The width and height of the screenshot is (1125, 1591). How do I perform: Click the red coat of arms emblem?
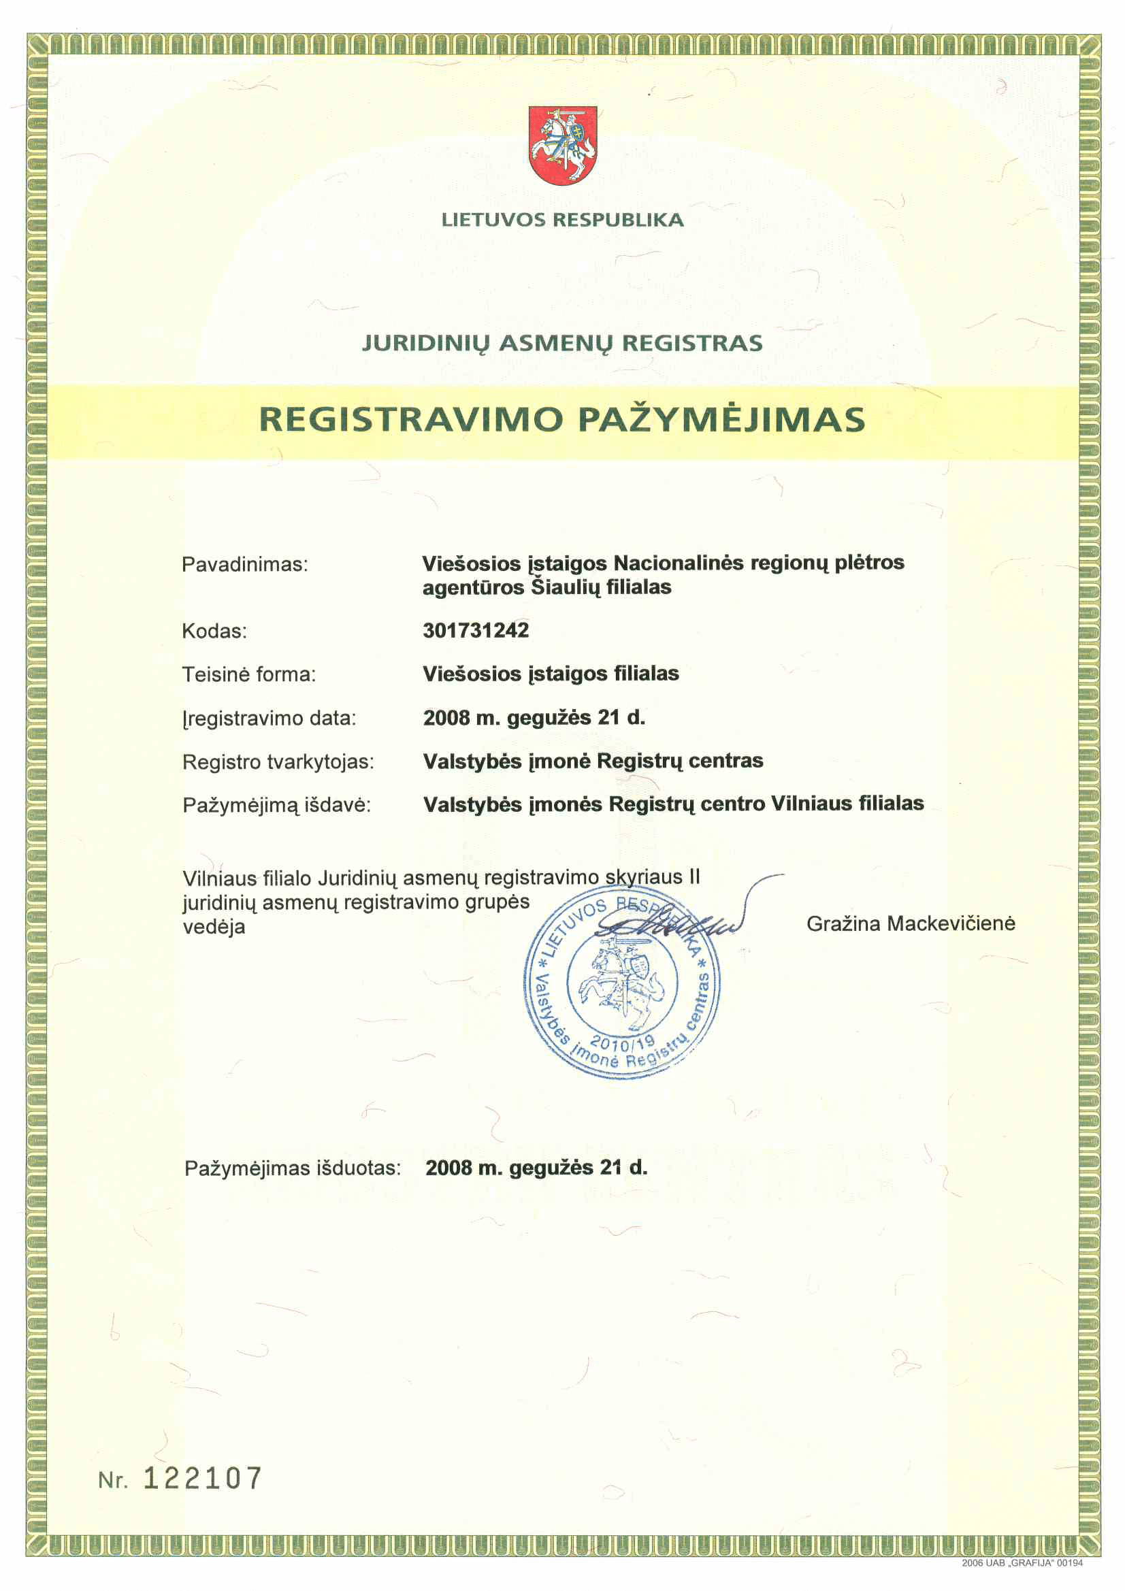pos(562,145)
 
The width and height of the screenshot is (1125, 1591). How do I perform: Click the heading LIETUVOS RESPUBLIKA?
pos(562,220)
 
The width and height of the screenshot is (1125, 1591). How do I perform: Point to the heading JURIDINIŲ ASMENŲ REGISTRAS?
pos(562,343)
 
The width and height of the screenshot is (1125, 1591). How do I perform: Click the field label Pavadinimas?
pos(245,565)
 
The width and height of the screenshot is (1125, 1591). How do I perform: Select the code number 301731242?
pos(476,630)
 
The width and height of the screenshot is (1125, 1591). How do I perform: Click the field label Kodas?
pos(214,632)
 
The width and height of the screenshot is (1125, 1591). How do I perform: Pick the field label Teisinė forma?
pos(249,674)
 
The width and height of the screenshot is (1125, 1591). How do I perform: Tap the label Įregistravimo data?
pos(269,718)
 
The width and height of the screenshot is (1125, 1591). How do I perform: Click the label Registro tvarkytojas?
pos(278,761)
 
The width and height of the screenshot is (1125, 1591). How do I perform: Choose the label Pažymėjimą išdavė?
pos(276,804)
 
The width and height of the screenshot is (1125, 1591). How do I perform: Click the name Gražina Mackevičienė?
pos(910,923)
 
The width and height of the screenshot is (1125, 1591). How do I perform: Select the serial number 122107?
pos(202,1478)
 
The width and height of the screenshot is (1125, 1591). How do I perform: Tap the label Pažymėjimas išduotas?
pos(293,1168)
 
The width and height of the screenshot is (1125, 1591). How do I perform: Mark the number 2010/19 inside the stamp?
pos(621,1043)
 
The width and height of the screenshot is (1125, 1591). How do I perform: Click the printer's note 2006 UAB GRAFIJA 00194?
pos(1021,1562)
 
